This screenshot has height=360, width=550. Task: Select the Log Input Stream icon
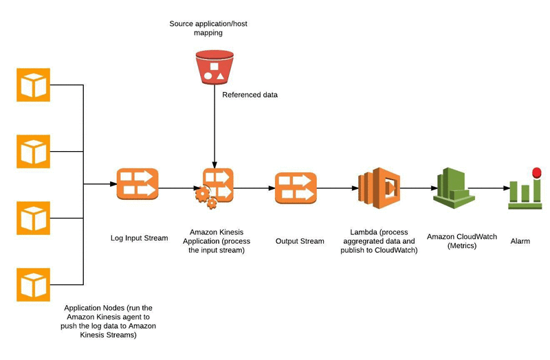point(137,184)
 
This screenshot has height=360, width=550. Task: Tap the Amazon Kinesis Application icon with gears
point(214,186)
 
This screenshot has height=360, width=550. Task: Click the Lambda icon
point(379,187)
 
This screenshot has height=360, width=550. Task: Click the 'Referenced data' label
point(250,95)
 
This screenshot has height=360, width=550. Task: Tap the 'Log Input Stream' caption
point(139,238)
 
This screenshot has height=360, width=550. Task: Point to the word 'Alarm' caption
point(520,241)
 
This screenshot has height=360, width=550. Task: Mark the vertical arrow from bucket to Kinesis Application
point(214,124)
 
